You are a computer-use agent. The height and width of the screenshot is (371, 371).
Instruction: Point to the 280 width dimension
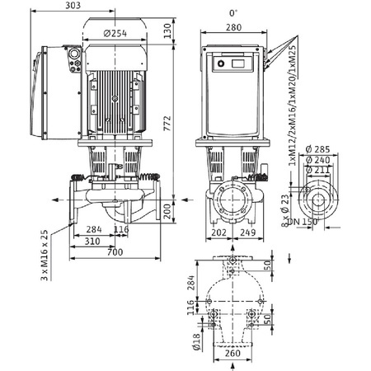[x=232, y=28]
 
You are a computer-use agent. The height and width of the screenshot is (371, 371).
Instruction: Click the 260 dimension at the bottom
[x=234, y=354]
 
